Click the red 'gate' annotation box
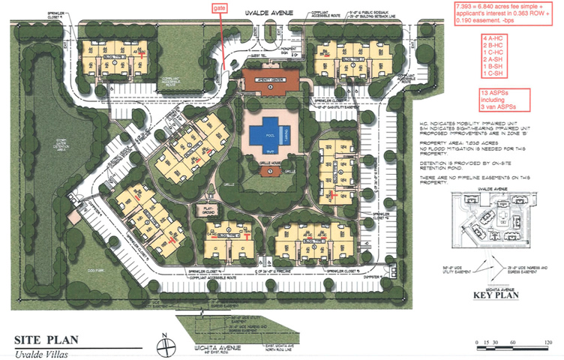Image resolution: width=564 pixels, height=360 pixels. tap(219, 7)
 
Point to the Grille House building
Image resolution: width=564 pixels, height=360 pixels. tap(270, 169)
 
